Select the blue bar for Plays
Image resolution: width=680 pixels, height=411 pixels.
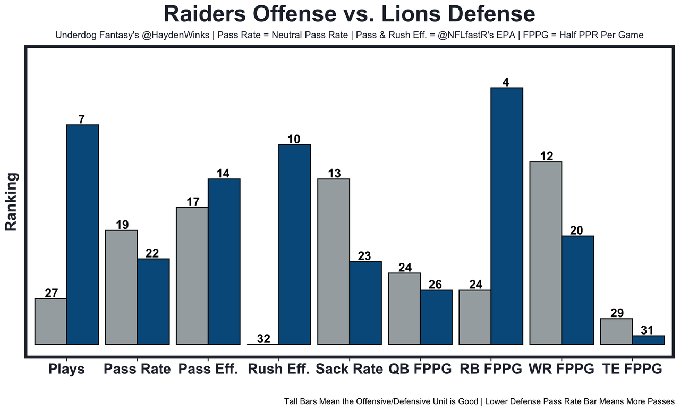tap(82, 234)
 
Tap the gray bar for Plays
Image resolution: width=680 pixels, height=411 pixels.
tap(51, 321)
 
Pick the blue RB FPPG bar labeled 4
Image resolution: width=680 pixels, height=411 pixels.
tap(507, 216)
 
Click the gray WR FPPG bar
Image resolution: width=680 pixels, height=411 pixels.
tap(546, 253)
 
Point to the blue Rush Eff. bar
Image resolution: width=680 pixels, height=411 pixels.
tap(295, 244)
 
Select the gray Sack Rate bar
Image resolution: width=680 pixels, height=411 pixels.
tap(334, 261)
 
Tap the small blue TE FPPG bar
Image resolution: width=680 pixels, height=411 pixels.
tap(648, 340)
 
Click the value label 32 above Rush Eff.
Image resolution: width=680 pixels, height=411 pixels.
tap(263, 339)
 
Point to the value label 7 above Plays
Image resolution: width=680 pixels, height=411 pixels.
tap(81, 119)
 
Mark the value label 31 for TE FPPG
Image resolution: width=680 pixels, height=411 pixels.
tap(648, 330)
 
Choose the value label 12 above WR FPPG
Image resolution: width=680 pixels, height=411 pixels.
tap(546, 156)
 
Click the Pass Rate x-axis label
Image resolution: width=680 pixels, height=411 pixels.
tap(137, 369)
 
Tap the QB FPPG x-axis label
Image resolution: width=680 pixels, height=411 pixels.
tap(420, 369)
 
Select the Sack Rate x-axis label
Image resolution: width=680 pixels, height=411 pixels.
tap(349, 369)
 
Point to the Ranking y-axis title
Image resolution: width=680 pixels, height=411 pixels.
tap(12, 202)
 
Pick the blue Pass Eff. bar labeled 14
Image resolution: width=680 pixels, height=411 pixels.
tap(224, 261)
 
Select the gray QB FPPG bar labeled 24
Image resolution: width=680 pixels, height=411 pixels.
tap(404, 309)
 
